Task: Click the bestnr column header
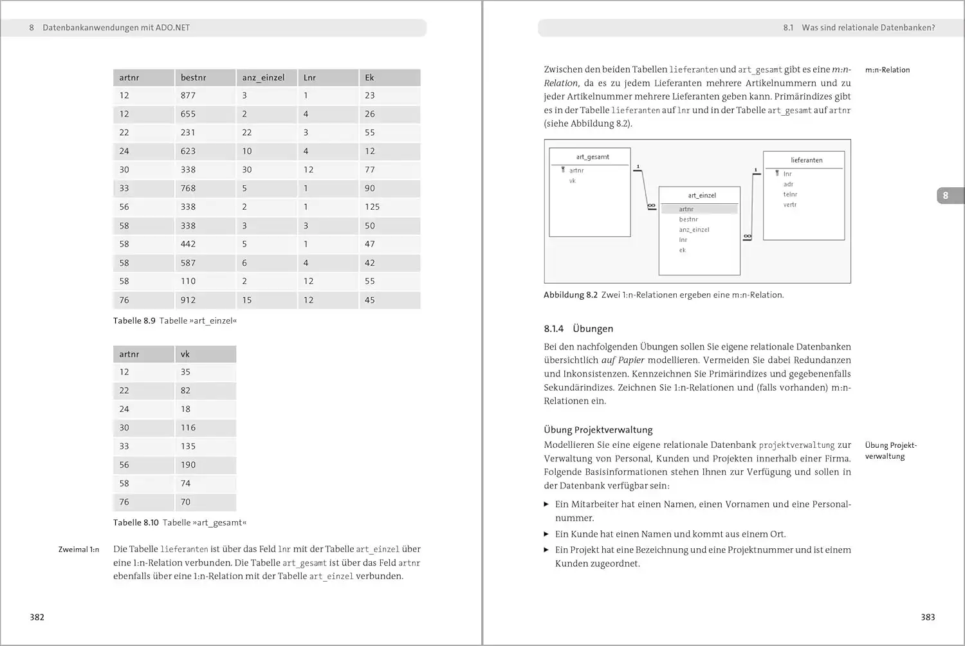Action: [194, 78]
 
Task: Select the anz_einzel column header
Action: [263, 78]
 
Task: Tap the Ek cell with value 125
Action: [372, 207]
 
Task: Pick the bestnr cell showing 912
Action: [188, 300]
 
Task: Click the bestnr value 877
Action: [188, 96]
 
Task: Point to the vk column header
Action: [185, 355]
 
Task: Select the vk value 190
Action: [188, 465]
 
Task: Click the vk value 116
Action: [188, 428]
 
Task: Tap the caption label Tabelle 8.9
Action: [134, 321]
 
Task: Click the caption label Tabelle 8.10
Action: [136, 523]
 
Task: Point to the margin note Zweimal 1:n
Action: [78, 550]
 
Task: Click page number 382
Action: [37, 618]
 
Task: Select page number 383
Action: [928, 618]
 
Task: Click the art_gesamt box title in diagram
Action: [593, 157]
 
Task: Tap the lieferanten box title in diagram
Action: [807, 160]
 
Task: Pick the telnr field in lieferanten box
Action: [790, 194]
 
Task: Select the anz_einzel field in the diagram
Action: [694, 230]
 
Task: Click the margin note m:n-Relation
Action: [887, 70]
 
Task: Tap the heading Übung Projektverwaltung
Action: [598, 430]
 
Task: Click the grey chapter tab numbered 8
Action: [946, 196]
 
